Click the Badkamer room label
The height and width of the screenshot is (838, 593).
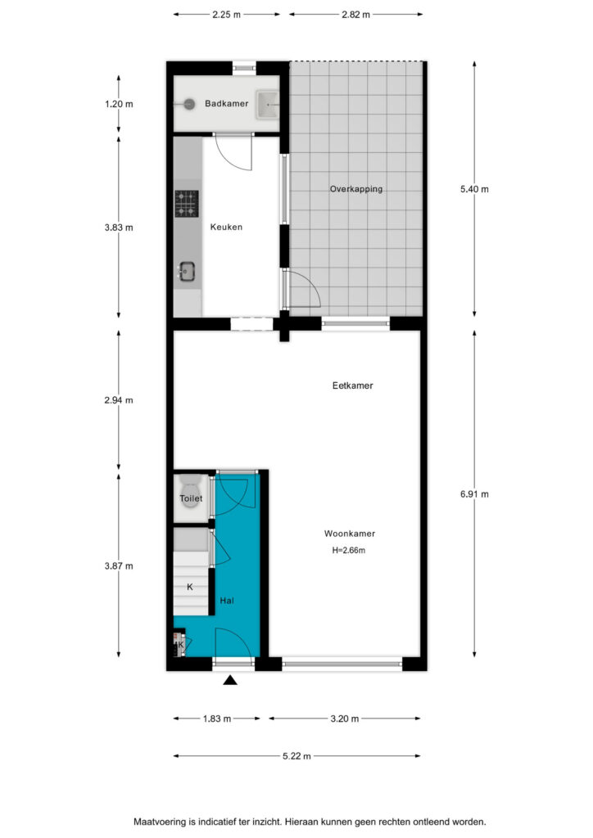coord(226,104)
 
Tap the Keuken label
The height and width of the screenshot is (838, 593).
coord(226,228)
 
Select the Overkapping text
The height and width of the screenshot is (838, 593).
coord(356,189)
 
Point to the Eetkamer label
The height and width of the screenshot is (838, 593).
coord(352,385)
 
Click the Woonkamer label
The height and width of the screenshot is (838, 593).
coord(350,534)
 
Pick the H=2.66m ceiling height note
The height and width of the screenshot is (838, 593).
coord(349,551)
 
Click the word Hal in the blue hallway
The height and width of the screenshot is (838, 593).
coord(227,601)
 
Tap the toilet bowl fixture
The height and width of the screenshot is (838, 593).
coord(190,492)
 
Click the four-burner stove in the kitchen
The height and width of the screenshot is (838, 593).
coord(187,204)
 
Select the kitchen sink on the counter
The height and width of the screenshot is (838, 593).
coord(187,271)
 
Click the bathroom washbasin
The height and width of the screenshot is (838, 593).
coord(267,105)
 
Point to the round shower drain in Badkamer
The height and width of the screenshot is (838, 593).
coord(188,104)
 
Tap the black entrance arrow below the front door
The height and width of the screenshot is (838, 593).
coord(230,680)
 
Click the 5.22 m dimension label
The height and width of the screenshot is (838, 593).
coord(296,756)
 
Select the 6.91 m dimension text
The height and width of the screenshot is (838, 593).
coord(474,494)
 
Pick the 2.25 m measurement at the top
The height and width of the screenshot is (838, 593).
coord(226,15)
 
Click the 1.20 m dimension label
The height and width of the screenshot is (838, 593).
coord(119,104)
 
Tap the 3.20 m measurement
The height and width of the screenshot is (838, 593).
coord(344,719)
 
